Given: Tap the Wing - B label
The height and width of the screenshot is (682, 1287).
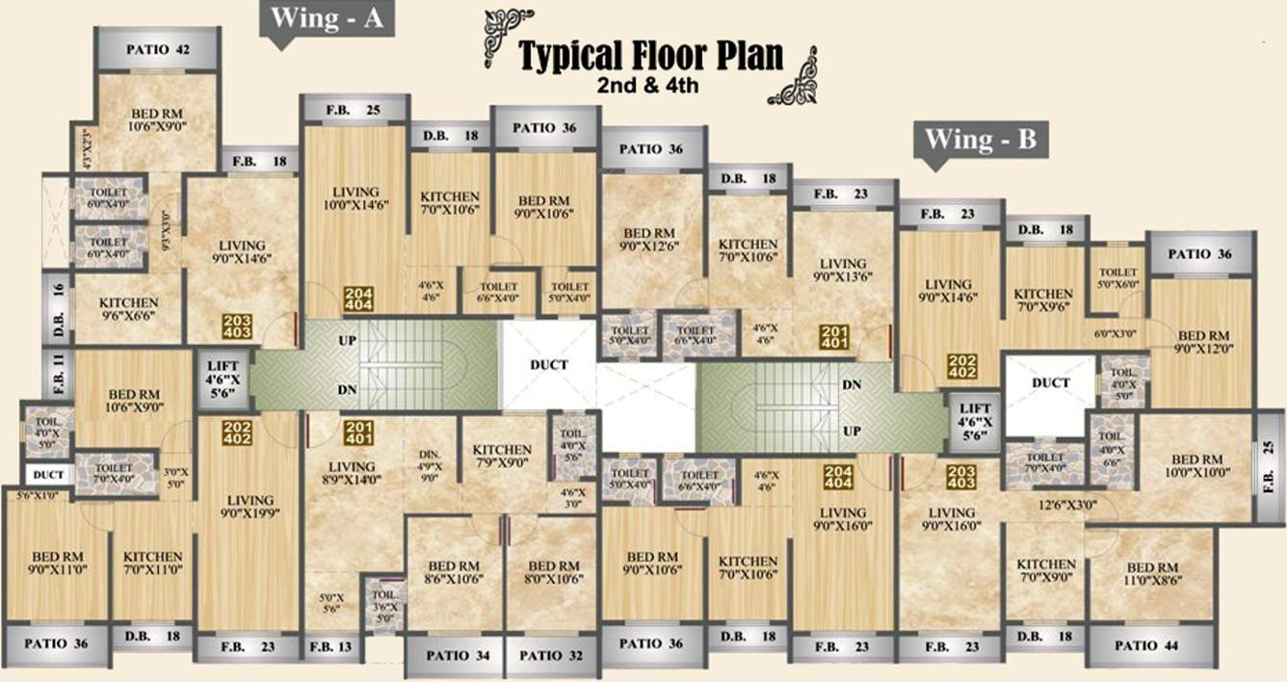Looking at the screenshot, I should click(980, 140).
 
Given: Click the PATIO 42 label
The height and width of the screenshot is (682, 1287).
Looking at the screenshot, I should click(156, 49).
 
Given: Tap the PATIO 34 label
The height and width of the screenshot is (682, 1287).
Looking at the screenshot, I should click(458, 656).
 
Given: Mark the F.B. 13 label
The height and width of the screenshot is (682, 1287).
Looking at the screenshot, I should click(332, 645).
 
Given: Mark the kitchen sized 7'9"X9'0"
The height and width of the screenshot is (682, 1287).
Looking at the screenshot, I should click(502, 457).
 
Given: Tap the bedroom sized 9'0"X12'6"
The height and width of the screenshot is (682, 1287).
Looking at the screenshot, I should click(652, 240).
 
